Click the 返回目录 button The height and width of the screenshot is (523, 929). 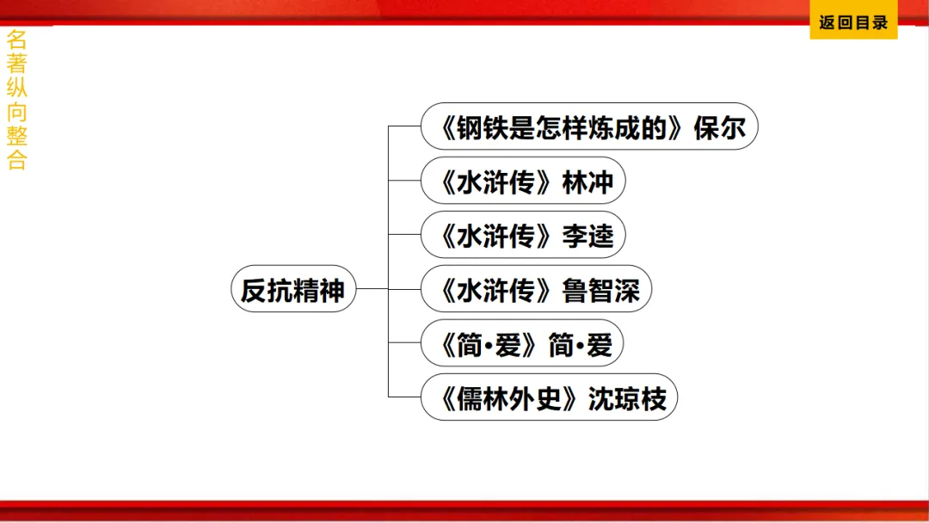852,23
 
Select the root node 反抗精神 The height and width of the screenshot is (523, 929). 292,290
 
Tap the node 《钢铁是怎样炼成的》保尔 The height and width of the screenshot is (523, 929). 589,128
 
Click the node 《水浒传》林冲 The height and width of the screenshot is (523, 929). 522,182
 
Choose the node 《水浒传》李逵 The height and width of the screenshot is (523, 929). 522,236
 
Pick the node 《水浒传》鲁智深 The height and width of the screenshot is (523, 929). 536,290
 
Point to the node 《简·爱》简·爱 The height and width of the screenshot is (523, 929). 521,344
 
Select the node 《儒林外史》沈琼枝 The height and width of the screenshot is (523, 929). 549,398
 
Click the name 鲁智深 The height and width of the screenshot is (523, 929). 601,290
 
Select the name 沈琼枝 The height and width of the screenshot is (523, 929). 627,398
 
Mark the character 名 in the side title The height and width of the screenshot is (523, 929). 16,40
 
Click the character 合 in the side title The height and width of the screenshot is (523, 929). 16,161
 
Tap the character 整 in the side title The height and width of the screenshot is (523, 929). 16,136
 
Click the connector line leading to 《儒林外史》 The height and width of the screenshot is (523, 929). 404,397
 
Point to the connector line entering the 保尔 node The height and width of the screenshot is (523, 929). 404,126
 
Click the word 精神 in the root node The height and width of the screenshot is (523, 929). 318,290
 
